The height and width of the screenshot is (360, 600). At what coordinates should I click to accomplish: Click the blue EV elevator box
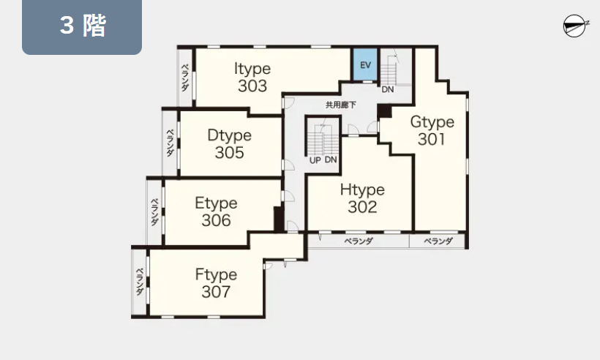pos(365,64)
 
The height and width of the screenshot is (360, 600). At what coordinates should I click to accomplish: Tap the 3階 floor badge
pos(82,27)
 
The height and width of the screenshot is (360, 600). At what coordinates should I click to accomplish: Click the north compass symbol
pos(575,26)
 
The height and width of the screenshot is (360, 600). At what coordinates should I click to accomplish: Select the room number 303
pos(252,86)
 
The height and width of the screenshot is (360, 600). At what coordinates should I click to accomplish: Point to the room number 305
pos(229,153)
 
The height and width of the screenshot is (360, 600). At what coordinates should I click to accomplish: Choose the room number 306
pos(216,220)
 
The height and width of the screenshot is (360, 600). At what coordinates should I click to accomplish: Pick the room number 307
pos(216,292)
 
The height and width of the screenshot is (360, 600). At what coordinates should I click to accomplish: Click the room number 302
pos(362,207)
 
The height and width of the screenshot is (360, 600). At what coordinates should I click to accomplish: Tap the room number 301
pos(432,139)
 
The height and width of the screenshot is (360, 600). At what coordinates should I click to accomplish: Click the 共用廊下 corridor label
pos(340,105)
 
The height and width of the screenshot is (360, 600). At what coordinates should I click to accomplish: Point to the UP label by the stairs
pos(315,160)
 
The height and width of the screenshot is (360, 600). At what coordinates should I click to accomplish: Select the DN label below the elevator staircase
pos(388,89)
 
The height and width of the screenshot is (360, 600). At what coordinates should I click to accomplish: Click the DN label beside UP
pos(331,160)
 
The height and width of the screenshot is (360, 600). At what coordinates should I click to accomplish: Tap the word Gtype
pos(432,122)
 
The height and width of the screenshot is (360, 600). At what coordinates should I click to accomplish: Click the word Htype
pos(362,190)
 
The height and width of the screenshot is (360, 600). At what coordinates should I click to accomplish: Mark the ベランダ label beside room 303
pos(185,78)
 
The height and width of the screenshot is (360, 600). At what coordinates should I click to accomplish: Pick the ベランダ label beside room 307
pos(140,282)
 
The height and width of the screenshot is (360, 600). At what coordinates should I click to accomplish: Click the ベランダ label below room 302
pos(359,241)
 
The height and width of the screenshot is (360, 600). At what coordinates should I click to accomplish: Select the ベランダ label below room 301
pos(438,241)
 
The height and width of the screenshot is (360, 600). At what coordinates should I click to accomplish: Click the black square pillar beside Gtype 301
pos(384,111)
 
